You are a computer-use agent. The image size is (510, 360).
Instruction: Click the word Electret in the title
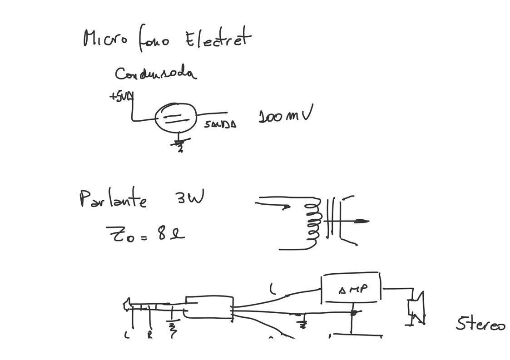click(x=217, y=38)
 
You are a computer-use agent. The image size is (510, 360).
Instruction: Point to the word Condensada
click(x=155, y=74)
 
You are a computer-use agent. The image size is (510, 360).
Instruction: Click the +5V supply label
click(x=121, y=96)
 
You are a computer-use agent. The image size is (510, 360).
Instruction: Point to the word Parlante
click(x=113, y=199)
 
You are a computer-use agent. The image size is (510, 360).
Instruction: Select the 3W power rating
click(x=188, y=197)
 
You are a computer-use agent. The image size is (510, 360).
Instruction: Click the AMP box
click(x=351, y=288)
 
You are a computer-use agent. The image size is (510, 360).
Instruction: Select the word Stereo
click(x=480, y=325)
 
